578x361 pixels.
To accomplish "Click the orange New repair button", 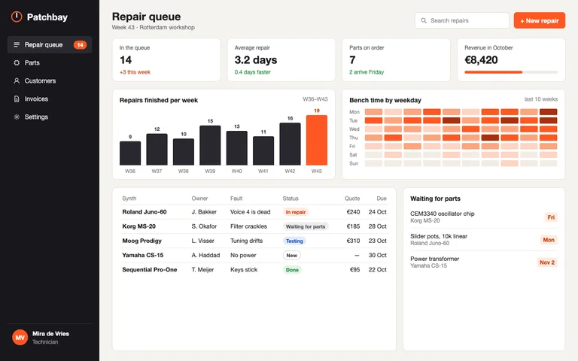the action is click(x=540, y=20).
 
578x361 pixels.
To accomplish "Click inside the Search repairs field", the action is click(x=462, y=20).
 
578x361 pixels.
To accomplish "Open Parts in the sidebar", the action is click(x=32, y=63).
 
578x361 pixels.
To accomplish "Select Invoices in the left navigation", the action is click(x=36, y=99).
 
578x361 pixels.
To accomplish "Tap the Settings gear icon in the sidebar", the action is click(x=17, y=117).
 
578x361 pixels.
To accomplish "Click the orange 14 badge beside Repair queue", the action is click(x=80, y=45).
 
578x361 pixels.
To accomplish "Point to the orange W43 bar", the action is click(x=317, y=140).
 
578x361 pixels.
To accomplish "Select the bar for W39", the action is click(x=210, y=145).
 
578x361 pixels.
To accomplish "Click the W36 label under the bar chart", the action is click(x=130, y=171).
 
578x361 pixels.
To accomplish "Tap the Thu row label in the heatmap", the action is click(x=354, y=138).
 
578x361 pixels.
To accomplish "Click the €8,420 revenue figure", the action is click(x=481, y=60).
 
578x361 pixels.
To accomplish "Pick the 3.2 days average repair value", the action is click(x=256, y=60).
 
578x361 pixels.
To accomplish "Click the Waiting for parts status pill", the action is click(x=306, y=226).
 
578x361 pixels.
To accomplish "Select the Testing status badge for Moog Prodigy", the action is click(x=294, y=241).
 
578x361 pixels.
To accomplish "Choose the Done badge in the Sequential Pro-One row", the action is click(x=292, y=270).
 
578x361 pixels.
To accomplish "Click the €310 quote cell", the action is click(x=353, y=241).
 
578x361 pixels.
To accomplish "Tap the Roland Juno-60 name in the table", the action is click(x=144, y=212).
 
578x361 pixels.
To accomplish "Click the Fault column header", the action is click(x=236, y=199).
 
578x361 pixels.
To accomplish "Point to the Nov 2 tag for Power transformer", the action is click(x=547, y=262).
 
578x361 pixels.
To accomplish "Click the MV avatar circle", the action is click(x=20, y=338).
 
